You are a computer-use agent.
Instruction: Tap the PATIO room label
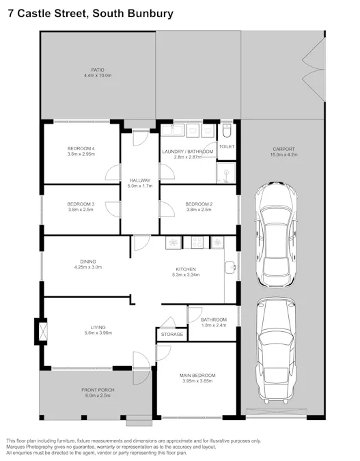[x=97, y=69]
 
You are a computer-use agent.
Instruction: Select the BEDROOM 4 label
[x=81, y=148]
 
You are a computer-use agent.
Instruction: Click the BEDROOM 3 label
[x=81, y=204]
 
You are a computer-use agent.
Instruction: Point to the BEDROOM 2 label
[x=199, y=204]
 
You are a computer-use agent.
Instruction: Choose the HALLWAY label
[x=139, y=180]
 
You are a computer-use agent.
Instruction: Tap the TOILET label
[x=226, y=147]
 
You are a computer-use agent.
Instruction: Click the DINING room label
[x=87, y=261]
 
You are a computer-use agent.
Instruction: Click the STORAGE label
[x=171, y=335]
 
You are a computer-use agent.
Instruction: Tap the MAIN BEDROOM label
[x=199, y=376]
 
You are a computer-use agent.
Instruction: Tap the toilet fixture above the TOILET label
[x=226, y=130]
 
